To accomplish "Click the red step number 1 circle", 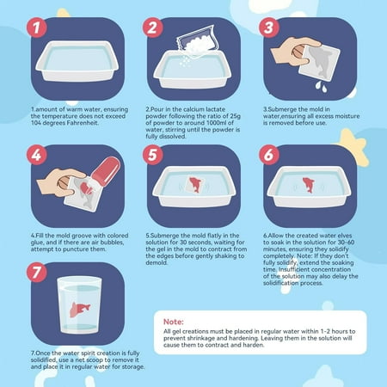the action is (37, 28).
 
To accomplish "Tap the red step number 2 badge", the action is (153, 28).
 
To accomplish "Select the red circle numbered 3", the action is (269, 28).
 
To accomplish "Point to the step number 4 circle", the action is (37, 155).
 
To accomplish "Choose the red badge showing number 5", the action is (153, 155).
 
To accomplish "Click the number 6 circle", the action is (269, 155).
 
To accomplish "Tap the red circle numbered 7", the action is (37, 273).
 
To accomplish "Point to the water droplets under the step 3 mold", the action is (321, 87).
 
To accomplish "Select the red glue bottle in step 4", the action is (107, 171).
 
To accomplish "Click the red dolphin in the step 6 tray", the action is (309, 185).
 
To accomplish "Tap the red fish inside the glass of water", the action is (80, 310).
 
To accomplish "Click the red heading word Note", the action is (174, 322).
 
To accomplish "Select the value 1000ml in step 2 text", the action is (217, 123).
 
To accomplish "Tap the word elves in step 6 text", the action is (344, 236).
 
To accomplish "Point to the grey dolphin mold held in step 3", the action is (321, 62).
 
